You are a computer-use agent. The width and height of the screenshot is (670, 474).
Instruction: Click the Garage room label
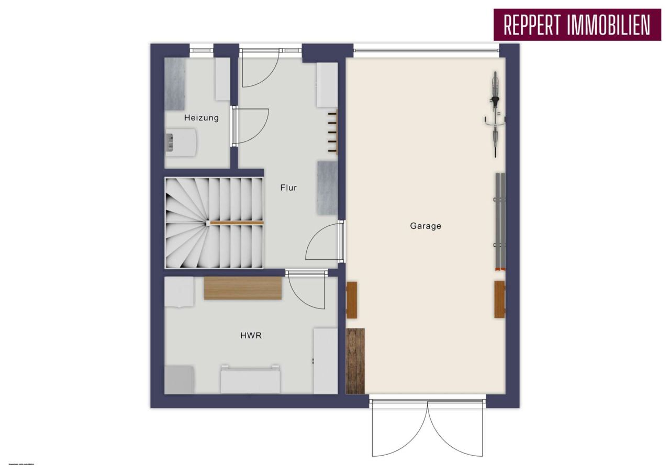[425, 226]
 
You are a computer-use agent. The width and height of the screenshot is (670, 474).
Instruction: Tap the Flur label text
[288, 188]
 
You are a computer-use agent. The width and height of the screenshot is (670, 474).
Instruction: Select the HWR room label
[251, 335]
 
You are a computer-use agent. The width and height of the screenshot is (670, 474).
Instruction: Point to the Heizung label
[201, 118]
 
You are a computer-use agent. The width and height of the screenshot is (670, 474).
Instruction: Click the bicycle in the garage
[495, 114]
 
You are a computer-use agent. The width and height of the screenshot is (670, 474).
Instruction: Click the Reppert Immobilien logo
[576, 24]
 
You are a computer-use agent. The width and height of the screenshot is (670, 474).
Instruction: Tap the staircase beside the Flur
[215, 223]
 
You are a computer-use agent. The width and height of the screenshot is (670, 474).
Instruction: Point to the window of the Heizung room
[201, 50]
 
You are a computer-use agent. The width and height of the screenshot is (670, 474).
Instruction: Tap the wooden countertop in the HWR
[242, 288]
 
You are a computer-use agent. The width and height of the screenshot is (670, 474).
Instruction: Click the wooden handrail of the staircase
[236, 224]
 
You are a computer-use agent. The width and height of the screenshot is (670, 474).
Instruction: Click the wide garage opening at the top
[426, 50]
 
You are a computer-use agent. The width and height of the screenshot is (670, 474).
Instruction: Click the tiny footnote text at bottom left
[20, 464]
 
